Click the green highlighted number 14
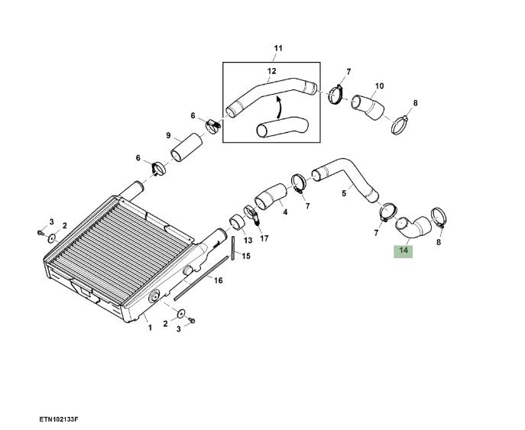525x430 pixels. point(403,251)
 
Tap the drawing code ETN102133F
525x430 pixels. point(59,419)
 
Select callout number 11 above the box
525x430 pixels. point(278,49)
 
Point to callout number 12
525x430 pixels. point(272,71)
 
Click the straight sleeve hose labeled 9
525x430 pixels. point(186,147)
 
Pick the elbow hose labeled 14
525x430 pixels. point(414,227)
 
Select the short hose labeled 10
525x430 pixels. point(368,107)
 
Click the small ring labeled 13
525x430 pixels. point(238,222)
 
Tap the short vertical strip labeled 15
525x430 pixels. point(232,248)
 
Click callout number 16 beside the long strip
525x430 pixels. point(218,280)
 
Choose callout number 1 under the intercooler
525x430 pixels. point(150,328)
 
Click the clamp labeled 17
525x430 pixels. point(251,215)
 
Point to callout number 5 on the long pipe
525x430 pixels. point(344,193)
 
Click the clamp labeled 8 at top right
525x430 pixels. point(400,124)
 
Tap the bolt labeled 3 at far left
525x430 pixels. point(41,232)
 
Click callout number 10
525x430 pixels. point(379,86)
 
